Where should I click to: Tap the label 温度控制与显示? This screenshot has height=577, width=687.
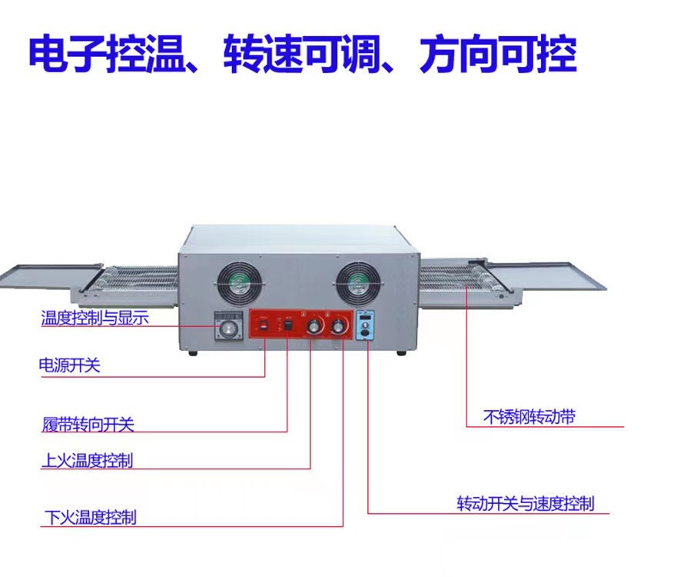(x=95, y=317)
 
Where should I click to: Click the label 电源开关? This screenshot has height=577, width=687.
(x=69, y=365)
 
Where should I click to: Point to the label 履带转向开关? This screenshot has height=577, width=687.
(x=88, y=424)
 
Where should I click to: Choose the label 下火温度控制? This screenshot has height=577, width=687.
(x=89, y=517)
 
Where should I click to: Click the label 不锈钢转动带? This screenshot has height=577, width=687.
(x=529, y=418)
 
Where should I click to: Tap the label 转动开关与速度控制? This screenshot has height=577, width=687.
(x=526, y=505)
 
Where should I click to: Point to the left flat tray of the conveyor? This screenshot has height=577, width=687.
(x=51, y=275)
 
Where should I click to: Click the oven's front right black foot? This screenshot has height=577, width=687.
(x=401, y=353)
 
